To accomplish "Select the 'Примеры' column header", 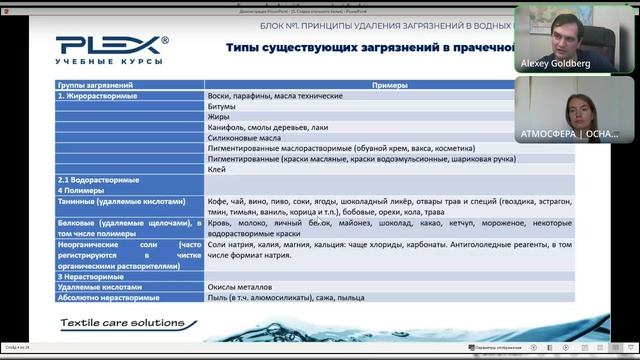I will pos(359,86).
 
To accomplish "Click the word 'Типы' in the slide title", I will pos(244,46).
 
